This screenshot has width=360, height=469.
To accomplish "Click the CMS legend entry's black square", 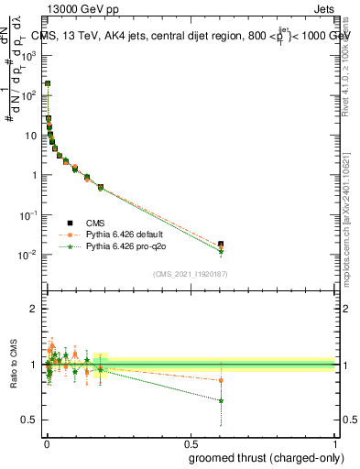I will [69, 223].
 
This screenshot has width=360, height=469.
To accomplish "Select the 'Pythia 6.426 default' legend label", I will [125, 234].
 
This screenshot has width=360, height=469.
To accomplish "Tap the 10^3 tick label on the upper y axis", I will [27, 55].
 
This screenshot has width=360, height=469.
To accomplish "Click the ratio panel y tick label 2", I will [31, 309].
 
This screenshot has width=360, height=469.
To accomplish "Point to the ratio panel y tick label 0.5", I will [27, 420].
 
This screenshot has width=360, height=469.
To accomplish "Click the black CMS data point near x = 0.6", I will [221, 245].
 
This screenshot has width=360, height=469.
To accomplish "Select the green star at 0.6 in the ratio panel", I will [221, 400].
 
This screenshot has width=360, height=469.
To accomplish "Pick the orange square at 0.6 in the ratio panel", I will [221, 380].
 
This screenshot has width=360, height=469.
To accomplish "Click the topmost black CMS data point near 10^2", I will [48, 83].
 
